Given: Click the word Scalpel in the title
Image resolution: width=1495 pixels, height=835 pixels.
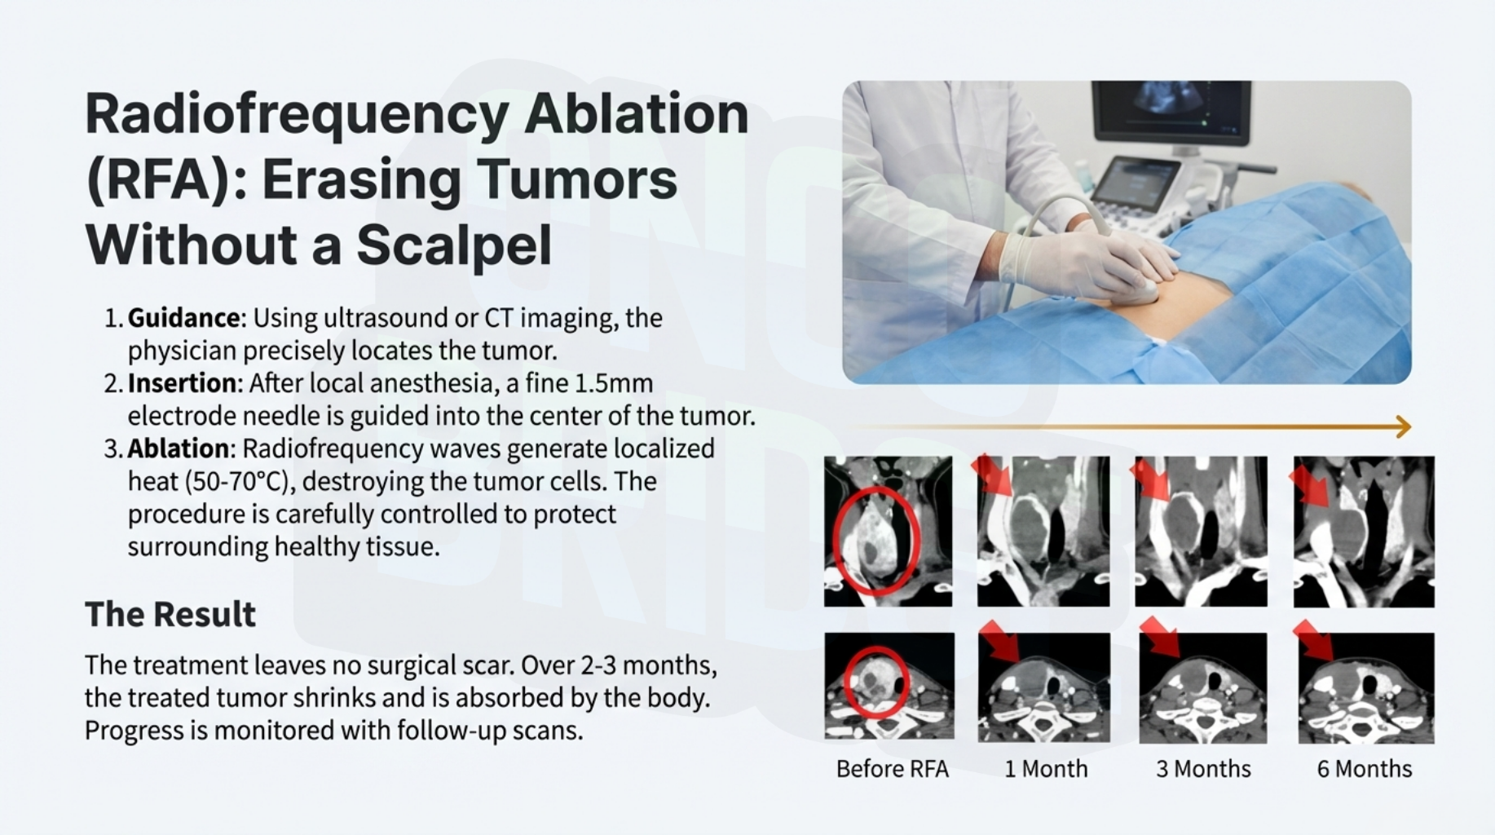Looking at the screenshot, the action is click(x=454, y=245).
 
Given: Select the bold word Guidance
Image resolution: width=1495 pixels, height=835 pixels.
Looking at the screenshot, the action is click(x=184, y=318).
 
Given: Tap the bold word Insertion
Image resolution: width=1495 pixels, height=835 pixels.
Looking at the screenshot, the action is click(x=182, y=383).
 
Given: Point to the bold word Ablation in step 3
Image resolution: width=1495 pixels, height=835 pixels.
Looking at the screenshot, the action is click(x=179, y=448).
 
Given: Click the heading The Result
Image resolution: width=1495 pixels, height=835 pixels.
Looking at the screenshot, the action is click(x=170, y=615).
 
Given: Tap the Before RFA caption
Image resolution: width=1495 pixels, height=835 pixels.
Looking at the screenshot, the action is click(x=893, y=769).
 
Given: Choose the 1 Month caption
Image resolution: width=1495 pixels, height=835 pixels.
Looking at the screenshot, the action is click(x=1046, y=769).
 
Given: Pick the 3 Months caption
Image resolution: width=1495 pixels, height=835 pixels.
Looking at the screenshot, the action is click(x=1203, y=769).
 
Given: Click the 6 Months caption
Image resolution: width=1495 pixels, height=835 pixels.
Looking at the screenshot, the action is click(x=1365, y=769).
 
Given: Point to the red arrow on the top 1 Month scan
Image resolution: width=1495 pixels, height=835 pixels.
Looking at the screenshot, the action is click(x=991, y=475).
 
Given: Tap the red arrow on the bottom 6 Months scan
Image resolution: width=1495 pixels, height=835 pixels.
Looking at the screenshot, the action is click(x=1312, y=640).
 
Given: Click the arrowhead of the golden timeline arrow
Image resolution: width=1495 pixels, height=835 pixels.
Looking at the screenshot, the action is click(x=1404, y=426).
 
